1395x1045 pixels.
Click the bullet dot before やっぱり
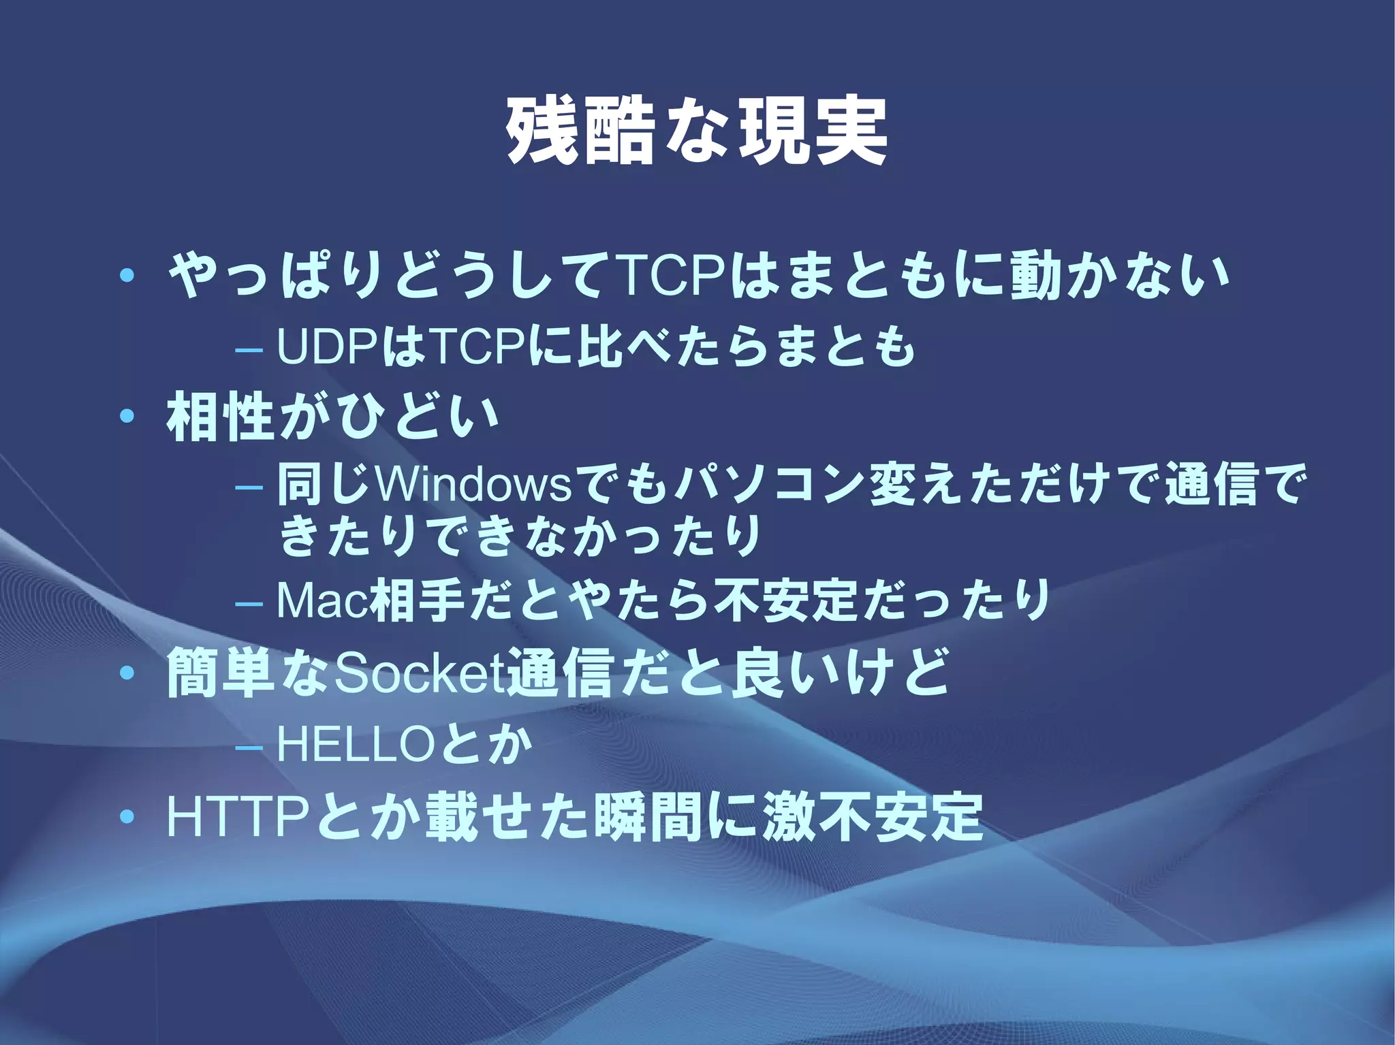pyautogui.click(x=125, y=276)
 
